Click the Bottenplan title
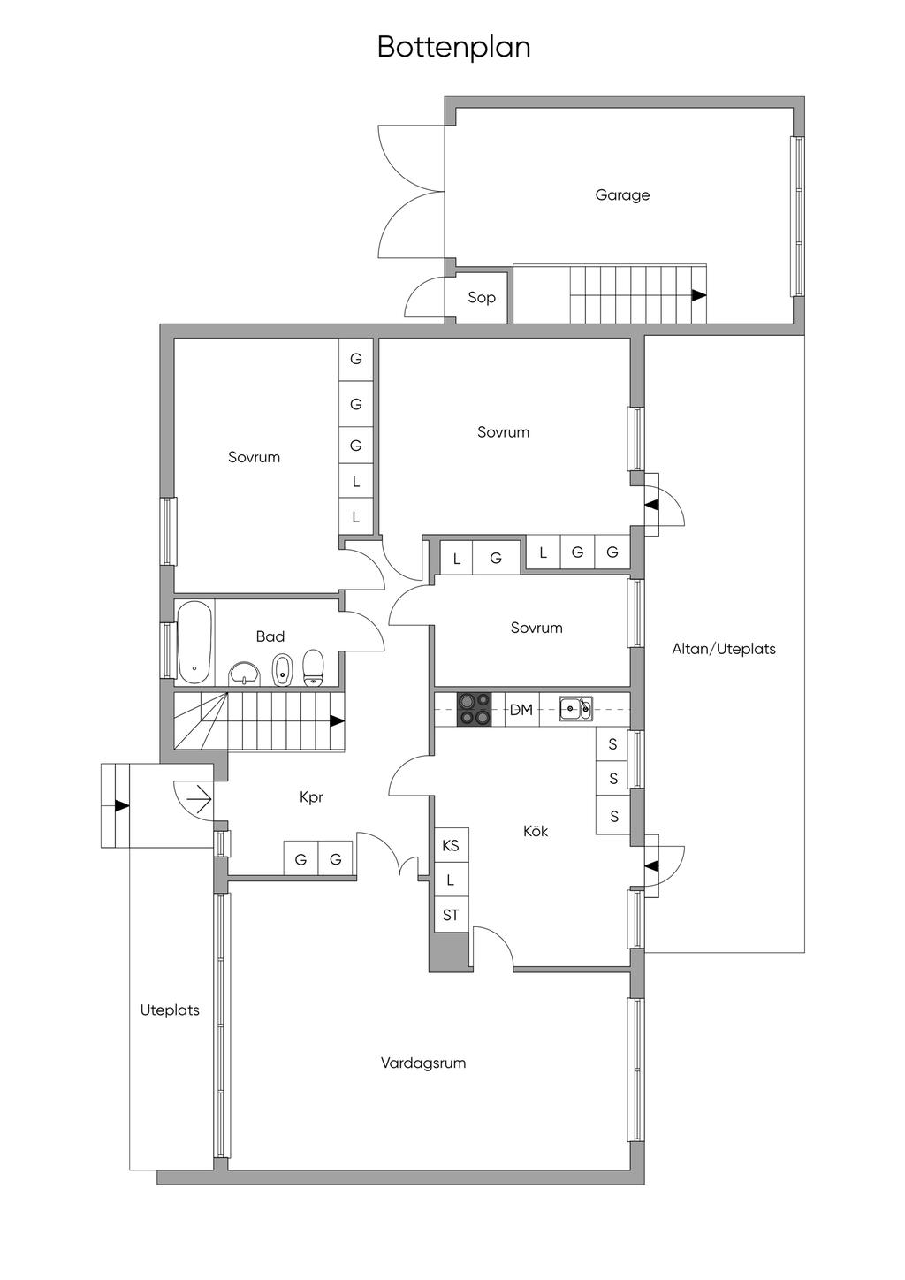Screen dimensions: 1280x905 [453, 47]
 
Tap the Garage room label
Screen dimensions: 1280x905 [622, 195]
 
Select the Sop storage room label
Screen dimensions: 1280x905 [482, 298]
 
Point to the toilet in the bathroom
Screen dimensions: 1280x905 [314, 668]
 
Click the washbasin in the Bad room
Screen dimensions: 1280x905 [244, 674]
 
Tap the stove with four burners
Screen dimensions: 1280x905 [474, 710]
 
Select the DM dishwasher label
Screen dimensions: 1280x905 [521, 710]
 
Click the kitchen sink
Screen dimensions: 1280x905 [575, 708]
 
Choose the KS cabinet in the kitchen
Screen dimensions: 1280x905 [451, 846]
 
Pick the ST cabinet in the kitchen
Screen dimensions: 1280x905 [451, 916]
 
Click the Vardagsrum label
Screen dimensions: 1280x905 [423, 1063]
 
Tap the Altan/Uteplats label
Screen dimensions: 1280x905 [724, 649]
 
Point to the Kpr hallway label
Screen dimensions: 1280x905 [311, 797]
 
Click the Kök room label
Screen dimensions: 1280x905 [536, 831]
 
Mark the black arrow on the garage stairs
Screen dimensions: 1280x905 [699, 295]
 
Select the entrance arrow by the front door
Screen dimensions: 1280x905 [121, 806]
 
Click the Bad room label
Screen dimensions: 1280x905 [270, 636]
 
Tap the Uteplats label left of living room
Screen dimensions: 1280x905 [170, 1010]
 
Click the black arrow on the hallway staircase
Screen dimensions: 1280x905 [337, 720]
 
